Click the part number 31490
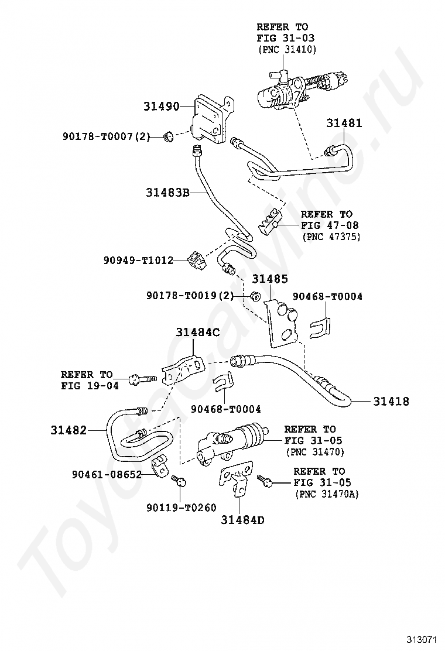(x=161, y=107)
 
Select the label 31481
(x=344, y=123)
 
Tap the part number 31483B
(x=168, y=191)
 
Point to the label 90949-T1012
(x=135, y=260)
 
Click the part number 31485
(x=271, y=279)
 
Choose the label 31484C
(x=198, y=333)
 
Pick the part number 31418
(x=392, y=402)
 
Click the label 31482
(x=69, y=430)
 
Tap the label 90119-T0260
(x=182, y=507)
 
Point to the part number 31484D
(x=243, y=519)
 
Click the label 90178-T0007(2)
(x=107, y=137)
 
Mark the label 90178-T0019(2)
(x=190, y=296)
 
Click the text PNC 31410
(x=287, y=50)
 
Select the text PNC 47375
(x=331, y=237)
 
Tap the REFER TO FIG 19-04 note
(x=87, y=380)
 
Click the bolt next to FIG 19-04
(x=141, y=379)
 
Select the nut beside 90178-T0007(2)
(x=167, y=136)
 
